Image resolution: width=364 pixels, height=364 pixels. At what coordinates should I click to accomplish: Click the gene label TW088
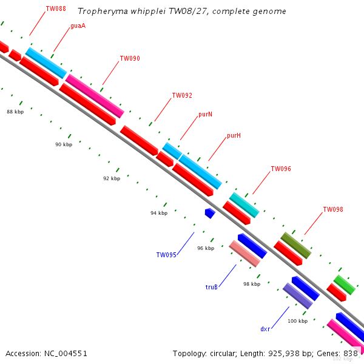56,9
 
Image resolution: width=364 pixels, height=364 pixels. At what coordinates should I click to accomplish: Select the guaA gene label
78,26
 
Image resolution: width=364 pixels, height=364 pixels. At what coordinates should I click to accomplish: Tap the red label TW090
130,59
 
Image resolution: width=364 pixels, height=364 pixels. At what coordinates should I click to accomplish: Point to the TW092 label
182,96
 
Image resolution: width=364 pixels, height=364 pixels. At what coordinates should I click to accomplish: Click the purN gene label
205,115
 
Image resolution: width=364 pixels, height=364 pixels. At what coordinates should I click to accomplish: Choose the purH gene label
234,136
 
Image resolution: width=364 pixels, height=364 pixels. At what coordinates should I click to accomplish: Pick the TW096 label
281,169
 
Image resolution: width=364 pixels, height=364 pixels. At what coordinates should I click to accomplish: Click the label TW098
333,210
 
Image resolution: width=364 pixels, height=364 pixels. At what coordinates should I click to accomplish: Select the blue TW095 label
166,255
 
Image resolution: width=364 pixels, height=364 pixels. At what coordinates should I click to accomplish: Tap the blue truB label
212,288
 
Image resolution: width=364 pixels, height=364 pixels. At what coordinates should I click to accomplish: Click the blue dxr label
265,329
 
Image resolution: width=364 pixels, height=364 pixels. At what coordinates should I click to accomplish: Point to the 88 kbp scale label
15,112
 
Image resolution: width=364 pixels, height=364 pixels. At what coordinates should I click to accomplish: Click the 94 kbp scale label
159,213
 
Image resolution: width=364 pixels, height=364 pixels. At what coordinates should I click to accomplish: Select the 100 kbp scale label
297,321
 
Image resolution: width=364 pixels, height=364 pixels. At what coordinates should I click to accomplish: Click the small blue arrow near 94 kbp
210,213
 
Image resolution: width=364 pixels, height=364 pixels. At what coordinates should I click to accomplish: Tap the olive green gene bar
296,245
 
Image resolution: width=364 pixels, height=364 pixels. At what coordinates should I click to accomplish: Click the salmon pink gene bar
244,254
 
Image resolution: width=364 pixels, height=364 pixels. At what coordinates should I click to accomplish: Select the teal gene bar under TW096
244,205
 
